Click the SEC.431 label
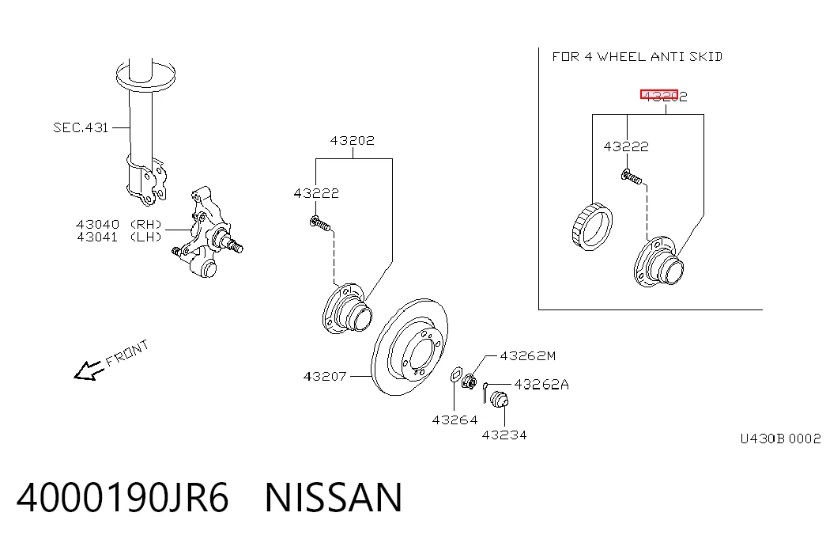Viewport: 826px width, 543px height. click(x=81, y=127)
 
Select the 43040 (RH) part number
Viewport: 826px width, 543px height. click(x=119, y=224)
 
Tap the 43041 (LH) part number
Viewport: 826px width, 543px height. click(x=119, y=237)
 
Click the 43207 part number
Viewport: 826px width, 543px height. click(x=325, y=376)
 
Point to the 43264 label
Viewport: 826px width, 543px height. click(x=454, y=420)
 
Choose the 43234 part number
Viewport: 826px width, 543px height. click(x=504, y=435)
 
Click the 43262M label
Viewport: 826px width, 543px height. click(x=527, y=356)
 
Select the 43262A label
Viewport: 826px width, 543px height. click(x=541, y=385)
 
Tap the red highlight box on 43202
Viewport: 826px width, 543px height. click(x=659, y=94)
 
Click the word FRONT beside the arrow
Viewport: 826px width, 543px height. click(x=127, y=353)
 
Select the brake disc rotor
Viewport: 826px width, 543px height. click(x=409, y=347)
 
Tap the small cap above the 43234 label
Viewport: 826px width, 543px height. click(x=498, y=399)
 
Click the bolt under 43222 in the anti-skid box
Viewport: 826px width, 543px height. click(x=632, y=177)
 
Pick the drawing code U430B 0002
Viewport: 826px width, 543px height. click(x=780, y=439)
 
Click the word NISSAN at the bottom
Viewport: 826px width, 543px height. click(x=334, y=498)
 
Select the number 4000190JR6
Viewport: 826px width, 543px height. click(x=123, y=498)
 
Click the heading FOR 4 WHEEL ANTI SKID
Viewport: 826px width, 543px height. click(x=637, y=56)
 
